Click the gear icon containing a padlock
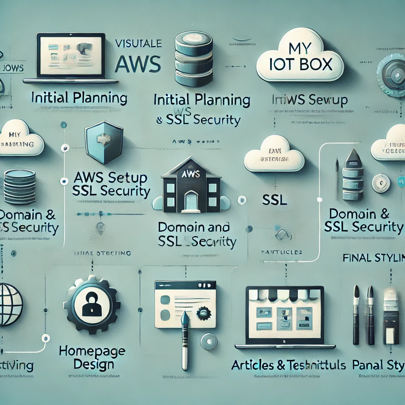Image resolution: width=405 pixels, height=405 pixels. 92,305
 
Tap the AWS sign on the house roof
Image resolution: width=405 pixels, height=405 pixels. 191,174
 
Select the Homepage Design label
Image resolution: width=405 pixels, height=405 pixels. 92,357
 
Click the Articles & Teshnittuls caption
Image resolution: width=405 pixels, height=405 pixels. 288,365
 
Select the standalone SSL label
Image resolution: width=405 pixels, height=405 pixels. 274,200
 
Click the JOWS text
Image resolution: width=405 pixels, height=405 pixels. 13,68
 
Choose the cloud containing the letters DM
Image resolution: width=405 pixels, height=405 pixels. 274,157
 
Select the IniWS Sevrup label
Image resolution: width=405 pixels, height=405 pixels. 310,100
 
